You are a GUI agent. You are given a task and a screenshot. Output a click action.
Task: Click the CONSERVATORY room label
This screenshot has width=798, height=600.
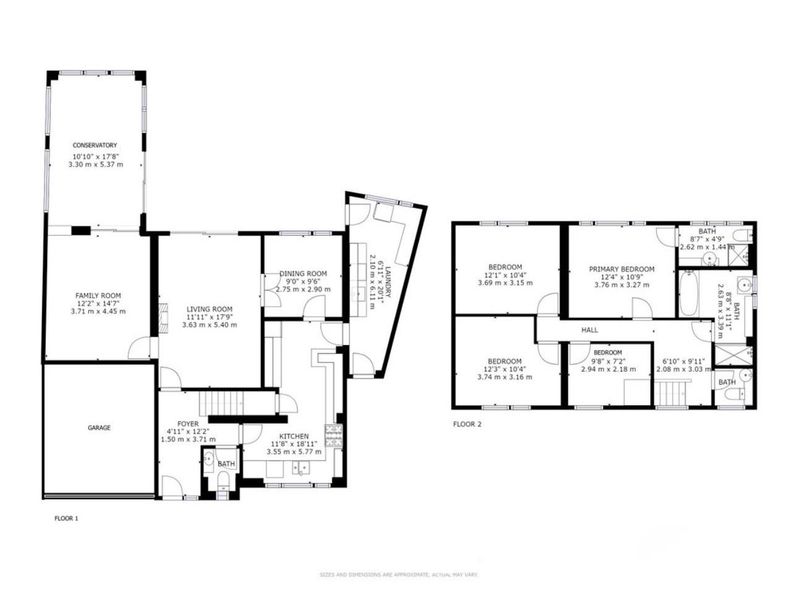click(x=95, y=145)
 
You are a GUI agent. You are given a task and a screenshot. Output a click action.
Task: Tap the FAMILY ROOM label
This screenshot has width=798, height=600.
click(x=98, y=296)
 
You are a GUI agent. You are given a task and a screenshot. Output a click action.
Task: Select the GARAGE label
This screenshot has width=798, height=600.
click(x=99, y=428)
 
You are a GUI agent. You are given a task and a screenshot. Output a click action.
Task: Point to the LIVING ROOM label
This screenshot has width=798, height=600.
click(x=210, y=309)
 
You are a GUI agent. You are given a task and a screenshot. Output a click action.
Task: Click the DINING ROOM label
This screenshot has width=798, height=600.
click(x=303, y=273)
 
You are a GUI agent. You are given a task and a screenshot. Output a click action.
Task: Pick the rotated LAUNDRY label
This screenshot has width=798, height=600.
click(x=387, y=283)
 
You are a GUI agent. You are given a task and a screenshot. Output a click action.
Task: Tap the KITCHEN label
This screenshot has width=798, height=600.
click(x=294, y=437)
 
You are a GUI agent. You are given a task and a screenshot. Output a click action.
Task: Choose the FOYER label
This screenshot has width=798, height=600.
click(x=188, y=424)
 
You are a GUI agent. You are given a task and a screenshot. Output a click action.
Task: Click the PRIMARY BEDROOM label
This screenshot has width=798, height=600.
click(x=622, y=269)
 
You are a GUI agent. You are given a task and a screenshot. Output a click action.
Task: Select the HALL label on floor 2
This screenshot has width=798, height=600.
click(x=590, y=330)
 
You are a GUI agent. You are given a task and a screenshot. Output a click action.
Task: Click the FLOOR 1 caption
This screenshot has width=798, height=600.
click(x=66, y=518)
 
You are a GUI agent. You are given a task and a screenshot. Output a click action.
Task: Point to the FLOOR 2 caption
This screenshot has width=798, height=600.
click(x=467, y=424)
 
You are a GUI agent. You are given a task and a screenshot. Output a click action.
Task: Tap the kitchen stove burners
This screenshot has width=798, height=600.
click(x=333, y=435)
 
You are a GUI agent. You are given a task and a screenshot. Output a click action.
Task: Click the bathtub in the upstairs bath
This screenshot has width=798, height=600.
click(x=689, y=294)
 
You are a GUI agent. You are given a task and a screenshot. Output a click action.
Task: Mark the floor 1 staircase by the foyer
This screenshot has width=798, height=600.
click(x=221, y=403)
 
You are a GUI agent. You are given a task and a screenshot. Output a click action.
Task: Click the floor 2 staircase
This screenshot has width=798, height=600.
click(x=671, y=393)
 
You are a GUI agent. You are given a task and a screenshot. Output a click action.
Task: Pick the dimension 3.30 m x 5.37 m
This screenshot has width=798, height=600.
click(x=96, y=165)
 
